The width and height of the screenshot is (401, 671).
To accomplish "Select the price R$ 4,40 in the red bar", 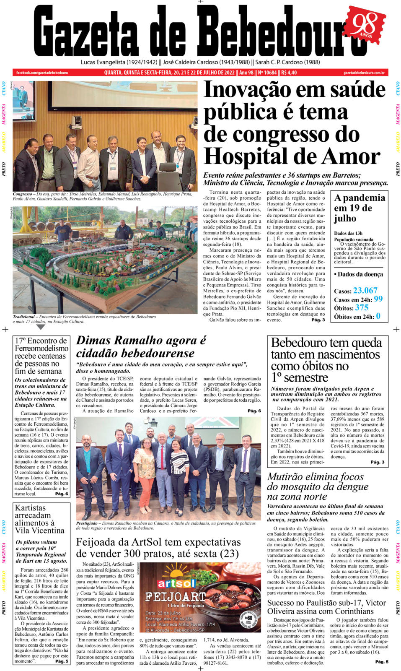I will pyautogui.click(x=289, y=73).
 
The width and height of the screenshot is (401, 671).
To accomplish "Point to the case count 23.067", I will pyautogui.click(x=365, y=291).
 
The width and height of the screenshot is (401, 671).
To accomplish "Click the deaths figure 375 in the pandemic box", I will pyautogui.click(x=362, y=308).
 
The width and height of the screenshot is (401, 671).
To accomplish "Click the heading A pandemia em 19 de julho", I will pyautogui.click(x=359, y=208).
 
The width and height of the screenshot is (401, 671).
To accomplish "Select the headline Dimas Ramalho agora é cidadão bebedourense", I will pyautogui.click(x=141, y=346).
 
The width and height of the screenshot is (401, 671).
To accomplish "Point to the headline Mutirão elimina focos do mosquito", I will pyautogui.click(x=318, y=486).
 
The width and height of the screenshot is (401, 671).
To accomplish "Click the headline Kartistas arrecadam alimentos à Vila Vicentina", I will pyautogui.click(x=39, y=519).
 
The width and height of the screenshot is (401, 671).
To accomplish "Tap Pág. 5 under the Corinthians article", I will pyautogui.click(x=381, y=662).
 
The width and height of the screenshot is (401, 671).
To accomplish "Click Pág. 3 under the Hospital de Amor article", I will pyautogui.click(x=318, y=320).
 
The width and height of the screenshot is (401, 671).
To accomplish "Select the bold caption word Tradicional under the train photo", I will pyautogui.click(x=23, y=317).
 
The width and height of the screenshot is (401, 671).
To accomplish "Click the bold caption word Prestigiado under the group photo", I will pyautogui.click(x=87, y=523).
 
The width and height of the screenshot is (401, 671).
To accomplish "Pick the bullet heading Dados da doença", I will pyautogui.click(x=358, y=274).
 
